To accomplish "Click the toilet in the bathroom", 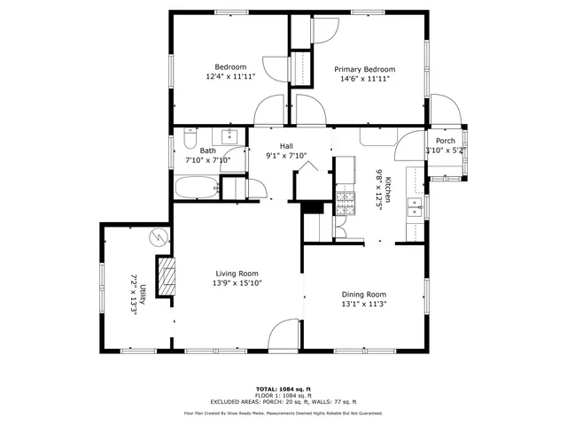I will (x=190, y=139).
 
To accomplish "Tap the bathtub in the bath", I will (x=195, y=188).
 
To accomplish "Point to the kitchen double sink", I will (x=413, y=206).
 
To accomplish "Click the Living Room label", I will (x=237, y=274).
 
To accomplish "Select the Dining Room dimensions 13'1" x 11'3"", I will (x=364, y=304).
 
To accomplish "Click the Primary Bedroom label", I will (x=364, y=69).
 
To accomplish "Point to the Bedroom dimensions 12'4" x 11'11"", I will (x=230, y=77).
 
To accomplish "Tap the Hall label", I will (x=286, y=146).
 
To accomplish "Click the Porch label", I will (x=445, y=141).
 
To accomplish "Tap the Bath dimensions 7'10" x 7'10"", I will (x=207, y=160).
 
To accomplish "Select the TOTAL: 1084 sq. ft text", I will (x=283, y=389).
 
